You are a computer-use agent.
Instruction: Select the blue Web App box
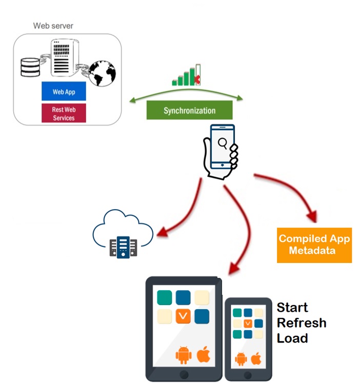click(x=64, y=92)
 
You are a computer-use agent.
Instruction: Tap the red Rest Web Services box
click(x=64, y=114)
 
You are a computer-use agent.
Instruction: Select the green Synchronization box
click(x=189, y=110)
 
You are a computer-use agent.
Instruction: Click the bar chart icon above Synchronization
click(x=186, y=76)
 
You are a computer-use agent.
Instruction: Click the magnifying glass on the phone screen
click(x=223, y=143)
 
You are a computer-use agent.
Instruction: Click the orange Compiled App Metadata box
click(x=314, y=245)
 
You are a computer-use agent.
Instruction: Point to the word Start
click(x=292, y=308)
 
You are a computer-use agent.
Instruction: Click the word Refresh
click(x=302, y=323)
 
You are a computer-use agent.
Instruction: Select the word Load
click(x=292, y=338)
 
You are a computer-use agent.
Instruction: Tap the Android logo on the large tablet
click(x=183, y=355)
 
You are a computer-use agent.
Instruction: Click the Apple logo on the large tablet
click(x=204, y=354)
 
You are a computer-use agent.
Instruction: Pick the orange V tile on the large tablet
click(x=184, y=316)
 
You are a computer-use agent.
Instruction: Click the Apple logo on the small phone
click(x=256, y=358)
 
